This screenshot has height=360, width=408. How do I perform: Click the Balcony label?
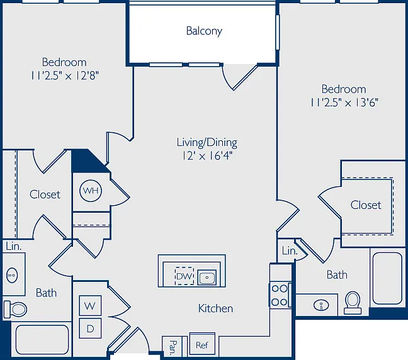coord(204,31)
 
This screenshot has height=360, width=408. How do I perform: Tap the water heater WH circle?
coord(90,191)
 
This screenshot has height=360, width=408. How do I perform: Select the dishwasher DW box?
coord(184,276)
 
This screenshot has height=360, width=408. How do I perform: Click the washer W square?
coord(90,305)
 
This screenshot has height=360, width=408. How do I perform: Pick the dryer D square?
coord(90,329)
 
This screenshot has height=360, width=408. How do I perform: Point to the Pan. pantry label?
coord(173,347)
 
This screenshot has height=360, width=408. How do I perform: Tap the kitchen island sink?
coord(207,278)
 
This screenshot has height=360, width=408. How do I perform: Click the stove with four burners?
coord(280,295)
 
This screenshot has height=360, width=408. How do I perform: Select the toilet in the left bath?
coord(15,309)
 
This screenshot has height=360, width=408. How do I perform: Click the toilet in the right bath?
coord(353,303)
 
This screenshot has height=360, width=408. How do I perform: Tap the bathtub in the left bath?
coord(42,339)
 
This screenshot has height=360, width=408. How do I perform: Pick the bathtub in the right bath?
coord(387,278)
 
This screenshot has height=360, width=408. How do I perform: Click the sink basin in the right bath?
coord(321,305)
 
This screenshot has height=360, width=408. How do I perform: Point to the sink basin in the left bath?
coord(12,275)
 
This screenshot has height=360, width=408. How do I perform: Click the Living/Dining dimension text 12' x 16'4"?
coord(207,156)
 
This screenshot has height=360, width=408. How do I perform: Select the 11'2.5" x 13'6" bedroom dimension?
coord(344,103)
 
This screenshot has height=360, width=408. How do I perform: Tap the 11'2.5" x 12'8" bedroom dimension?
coord(65,76)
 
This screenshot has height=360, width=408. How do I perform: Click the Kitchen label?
coord(215,308)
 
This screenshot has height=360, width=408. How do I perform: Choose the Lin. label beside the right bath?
coord(290,251)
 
